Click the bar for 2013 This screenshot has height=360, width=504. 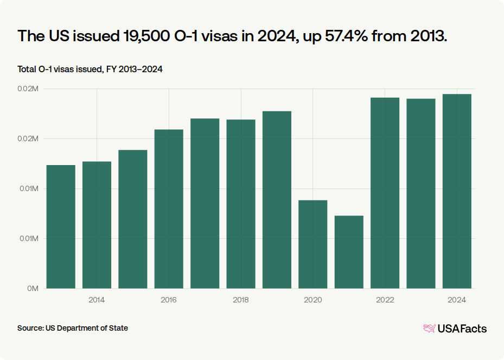click(x=61, y=227)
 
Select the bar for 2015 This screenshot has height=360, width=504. click(x=133, y=219)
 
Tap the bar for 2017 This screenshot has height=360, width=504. click(x=205, y=203)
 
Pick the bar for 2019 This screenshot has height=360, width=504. click(x=277, y=200)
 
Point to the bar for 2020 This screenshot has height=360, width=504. click(x=312, y=244)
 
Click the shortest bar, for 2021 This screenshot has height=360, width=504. click(x=349, y=252)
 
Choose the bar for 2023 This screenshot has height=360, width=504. click(x=421, y=194)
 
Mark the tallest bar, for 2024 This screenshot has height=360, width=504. click(x=457, y=192)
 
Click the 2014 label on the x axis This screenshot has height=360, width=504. click(x=97, y=300)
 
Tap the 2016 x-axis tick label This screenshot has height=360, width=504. click(x=168, y=300)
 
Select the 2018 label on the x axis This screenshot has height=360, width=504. click(x=241, y=300)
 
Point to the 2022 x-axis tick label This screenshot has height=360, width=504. click(x=385, y=300)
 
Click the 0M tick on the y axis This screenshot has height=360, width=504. click(x=33, y=288)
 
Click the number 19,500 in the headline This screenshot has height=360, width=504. click(x=146, y=36)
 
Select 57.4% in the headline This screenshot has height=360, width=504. click(x=346, y=36)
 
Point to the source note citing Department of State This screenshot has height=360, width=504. click(x=73, y=328)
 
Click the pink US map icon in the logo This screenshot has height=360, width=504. click(x=430, y=329)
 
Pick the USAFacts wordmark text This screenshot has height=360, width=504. click(x=462, y=329)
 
